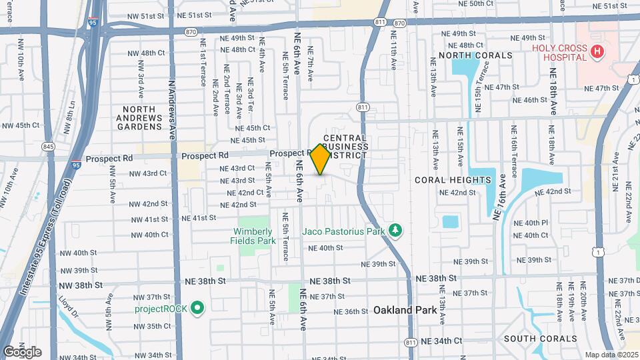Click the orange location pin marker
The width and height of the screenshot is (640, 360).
[321, 159]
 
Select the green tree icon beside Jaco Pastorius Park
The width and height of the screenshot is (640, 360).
[396, 231]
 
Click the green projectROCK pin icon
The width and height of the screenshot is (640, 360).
[197, 307]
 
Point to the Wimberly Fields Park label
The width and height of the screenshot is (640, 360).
[254, 236]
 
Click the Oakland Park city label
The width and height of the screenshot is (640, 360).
[405, 310]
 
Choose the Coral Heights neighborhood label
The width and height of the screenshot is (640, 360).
[453, 180]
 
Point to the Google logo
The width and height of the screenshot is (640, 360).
[21, 351]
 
